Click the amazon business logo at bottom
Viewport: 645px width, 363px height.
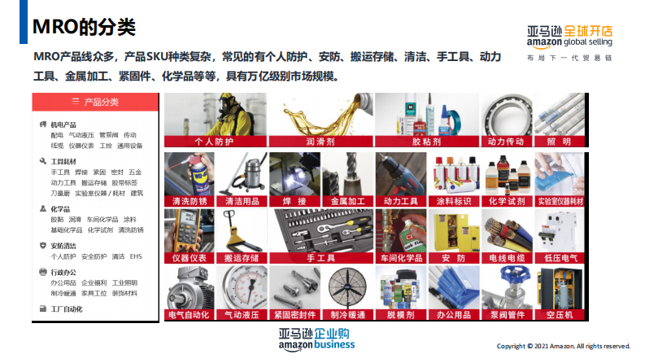click(316, 339)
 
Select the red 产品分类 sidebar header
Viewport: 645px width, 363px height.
click(94, 102)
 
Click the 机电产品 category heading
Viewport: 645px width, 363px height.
click(68, 125)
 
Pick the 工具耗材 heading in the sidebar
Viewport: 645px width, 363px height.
click(68, 161)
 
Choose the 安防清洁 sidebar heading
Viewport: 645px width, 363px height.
click(68, 245)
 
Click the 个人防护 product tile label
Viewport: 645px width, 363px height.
click(214, 142)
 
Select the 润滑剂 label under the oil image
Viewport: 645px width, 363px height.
click(320, 142)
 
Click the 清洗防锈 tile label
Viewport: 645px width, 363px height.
click(188, 200)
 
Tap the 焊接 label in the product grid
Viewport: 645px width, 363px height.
click(294, 200)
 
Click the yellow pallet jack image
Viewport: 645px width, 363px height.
click(241, 230)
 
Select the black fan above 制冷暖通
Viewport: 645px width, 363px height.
click(347, 287)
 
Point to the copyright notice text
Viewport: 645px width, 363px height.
click(563, 346)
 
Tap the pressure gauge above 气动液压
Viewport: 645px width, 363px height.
click(241, 287)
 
